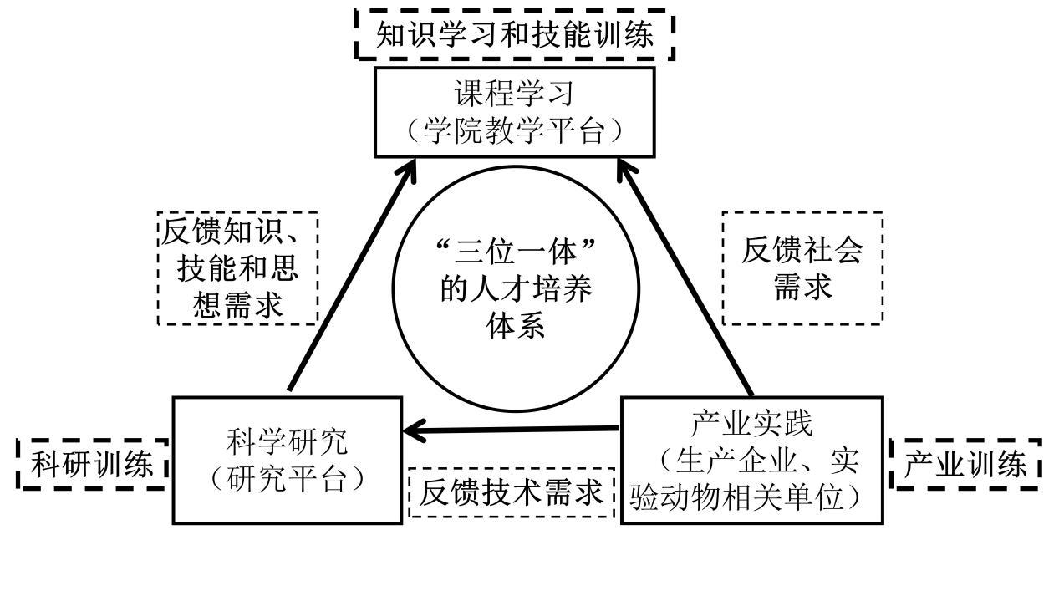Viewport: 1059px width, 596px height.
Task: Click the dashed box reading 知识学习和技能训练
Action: coord(515,35)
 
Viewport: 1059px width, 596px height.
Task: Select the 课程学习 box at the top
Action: coord(514,112)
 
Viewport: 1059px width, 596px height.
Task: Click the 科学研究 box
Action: coord(287,461)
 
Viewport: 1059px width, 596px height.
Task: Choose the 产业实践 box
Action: coord(751,461)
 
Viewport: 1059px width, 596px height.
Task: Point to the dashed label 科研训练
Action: coord(93,464)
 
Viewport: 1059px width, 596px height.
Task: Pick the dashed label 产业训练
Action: coord(967,464)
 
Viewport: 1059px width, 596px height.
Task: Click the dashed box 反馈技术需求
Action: coord(512,492)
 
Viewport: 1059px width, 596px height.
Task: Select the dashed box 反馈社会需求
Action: coord(802,268)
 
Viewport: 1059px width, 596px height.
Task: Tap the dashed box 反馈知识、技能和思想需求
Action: coord(238,268)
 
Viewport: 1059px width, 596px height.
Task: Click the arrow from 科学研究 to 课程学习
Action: coord(351,276)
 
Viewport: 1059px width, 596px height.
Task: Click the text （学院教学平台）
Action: coord(514,131)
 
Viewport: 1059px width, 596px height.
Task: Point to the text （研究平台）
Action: coord(287,479)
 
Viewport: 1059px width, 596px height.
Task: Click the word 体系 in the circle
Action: coord(516,325)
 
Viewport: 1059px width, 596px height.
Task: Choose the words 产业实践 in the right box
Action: coord(751,424)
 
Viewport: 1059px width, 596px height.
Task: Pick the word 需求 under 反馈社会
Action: coord(802,287)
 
